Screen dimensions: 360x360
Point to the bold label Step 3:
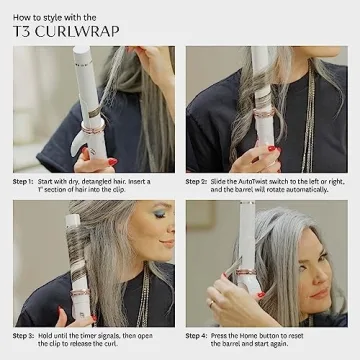[x=25, y=334]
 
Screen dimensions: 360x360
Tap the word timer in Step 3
[x=97, y=334]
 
